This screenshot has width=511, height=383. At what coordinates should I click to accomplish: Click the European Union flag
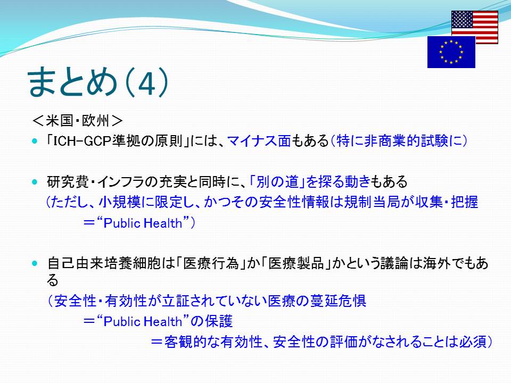[451, 52]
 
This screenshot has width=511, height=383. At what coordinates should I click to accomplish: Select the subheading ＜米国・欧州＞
[78, 121]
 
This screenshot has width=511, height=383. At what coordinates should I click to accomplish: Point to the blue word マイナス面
[259, 141]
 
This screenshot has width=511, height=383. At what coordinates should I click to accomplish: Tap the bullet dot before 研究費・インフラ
[35, 182]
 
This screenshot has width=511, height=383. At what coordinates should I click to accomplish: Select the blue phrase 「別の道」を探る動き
[310, 182]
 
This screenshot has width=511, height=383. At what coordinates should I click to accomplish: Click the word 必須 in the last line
[473, 342]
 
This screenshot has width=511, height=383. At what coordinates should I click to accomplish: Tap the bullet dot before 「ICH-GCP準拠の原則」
[35, 141]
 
